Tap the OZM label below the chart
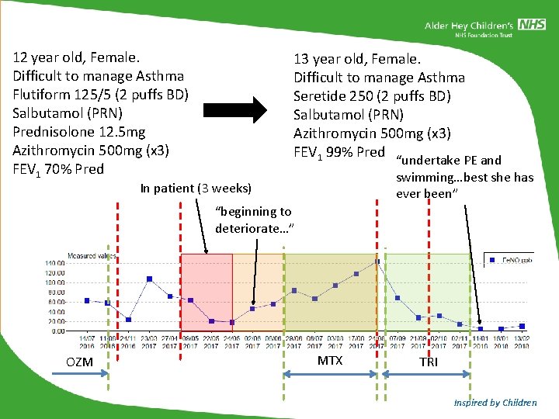point(79,362)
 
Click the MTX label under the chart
point(330,361)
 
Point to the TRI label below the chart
point(428,362)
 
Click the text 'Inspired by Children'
point(495,403)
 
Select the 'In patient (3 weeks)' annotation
point(196,188)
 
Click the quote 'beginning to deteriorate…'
point(253,220)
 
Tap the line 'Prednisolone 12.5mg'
point(79,131)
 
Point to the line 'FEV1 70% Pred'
point(58,169)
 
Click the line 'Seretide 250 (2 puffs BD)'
point(372,96)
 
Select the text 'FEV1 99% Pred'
point(339,152)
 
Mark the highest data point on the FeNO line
point(377,261)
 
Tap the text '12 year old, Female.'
point(76,57)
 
